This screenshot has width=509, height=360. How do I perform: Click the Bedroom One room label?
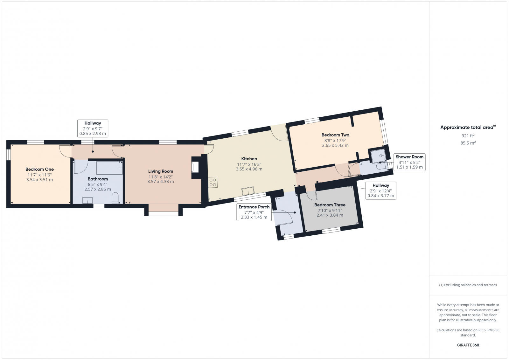coord(39,170)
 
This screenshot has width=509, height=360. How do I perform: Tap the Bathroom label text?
coord(98,179)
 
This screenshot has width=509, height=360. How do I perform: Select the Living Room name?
coord(160,171)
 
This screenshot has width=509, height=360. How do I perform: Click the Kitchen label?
coord(249,159)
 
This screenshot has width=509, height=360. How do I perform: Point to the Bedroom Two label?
coord(335,135)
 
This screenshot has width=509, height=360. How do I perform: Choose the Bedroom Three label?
coord(330,205)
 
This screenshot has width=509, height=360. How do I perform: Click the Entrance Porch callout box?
coord(254,212)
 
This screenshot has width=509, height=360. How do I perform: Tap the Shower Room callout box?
coord(409,162)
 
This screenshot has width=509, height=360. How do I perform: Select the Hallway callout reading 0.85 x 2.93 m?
coord(93,128)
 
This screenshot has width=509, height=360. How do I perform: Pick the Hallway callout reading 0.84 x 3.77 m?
coord(381,190)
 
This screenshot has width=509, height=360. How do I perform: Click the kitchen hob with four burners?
coord(213,182)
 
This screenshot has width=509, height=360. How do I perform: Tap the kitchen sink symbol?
coord(248,191)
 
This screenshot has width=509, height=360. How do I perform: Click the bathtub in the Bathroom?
coord(109,168)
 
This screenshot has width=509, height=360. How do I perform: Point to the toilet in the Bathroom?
coord(115,197)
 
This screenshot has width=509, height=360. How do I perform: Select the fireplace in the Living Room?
coord(195,167)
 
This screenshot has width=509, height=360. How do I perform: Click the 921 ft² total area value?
coord(468,136)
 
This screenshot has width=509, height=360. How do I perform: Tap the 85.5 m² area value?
coord(468,143)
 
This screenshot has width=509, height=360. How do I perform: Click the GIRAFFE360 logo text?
coord(468,345)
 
